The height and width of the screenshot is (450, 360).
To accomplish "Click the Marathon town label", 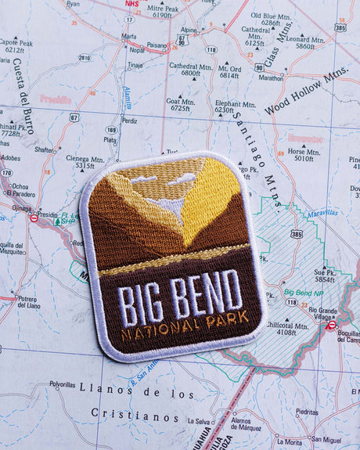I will coord(271,78).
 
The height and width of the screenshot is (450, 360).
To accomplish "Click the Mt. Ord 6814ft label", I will coord(229,71).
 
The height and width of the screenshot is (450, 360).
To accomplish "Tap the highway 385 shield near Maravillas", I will coord(296,233).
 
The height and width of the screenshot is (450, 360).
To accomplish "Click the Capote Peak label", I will coord(15,45).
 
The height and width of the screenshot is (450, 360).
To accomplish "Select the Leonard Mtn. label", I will coord(300,41).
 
